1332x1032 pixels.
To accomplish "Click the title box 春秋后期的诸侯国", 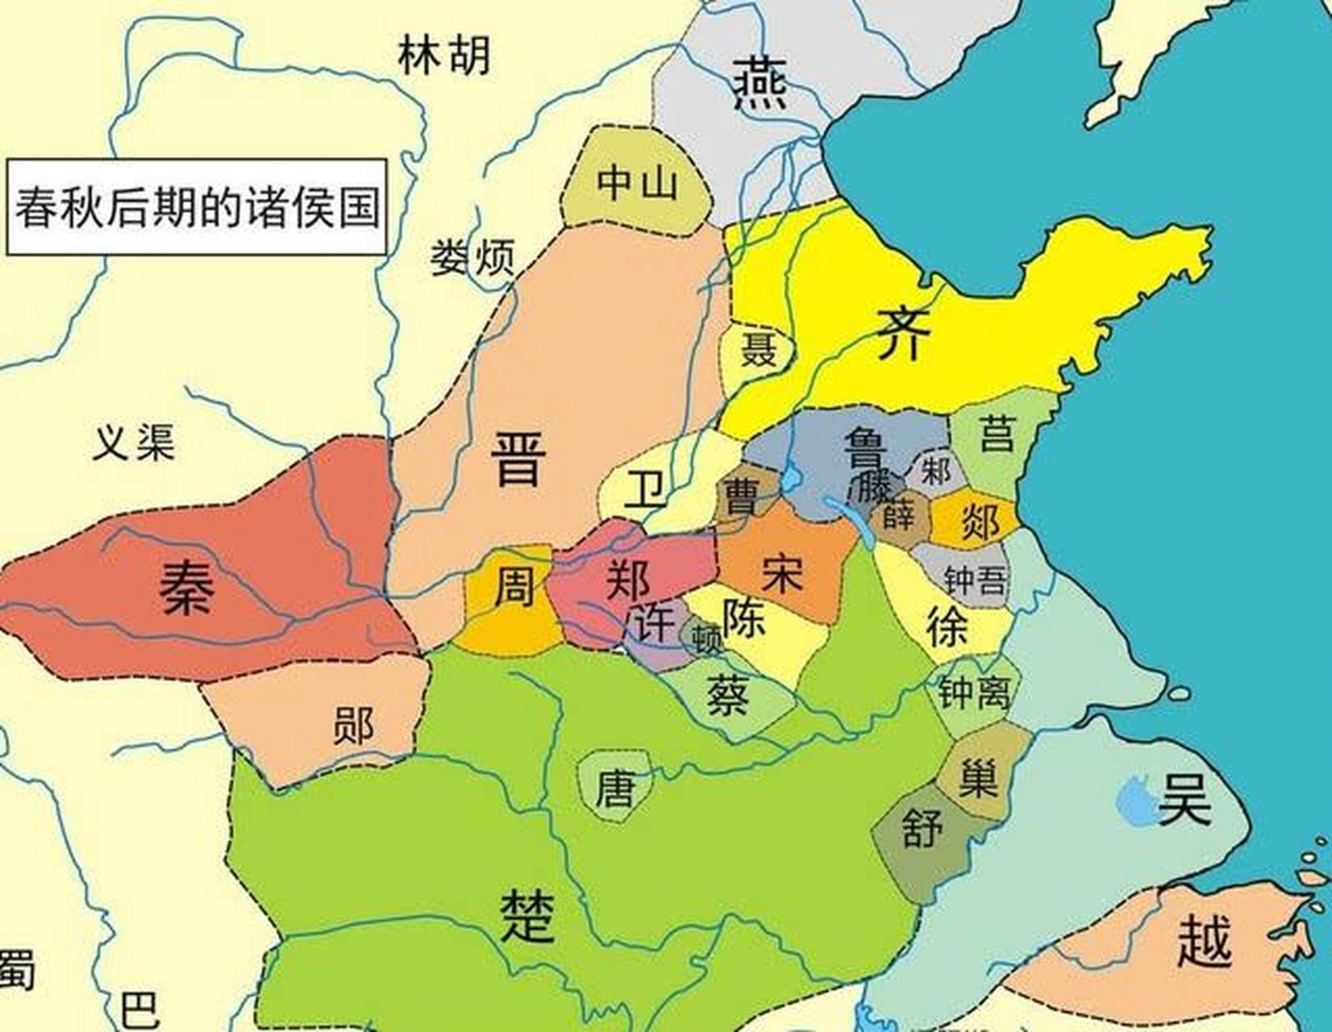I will pyautogui.click(x=197, y=207).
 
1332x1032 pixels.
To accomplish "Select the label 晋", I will pyautogui.click(x=518, y=459).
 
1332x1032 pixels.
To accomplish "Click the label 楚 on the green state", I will pyautogui.click(x=528, y=916).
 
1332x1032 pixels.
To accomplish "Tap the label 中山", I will pyautogui.click(x=637, y=182).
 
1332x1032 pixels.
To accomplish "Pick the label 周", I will pyautogui.click(x=514, y=586).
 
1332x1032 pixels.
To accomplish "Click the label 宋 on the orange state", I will pyautogui.click(x=780, y=573).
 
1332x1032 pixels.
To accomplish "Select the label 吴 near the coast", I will pyautogui.click(x=1184, y=797).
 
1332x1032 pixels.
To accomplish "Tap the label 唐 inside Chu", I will pyautogui.click(x=614, y=788).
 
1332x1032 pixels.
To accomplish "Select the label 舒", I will pyautogui.click(x=922, y=828).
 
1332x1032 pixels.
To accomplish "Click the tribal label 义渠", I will pyautogui.click(x=134, y=442).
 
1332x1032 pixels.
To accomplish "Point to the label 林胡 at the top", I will pyautogui.click(x=444, y=56).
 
